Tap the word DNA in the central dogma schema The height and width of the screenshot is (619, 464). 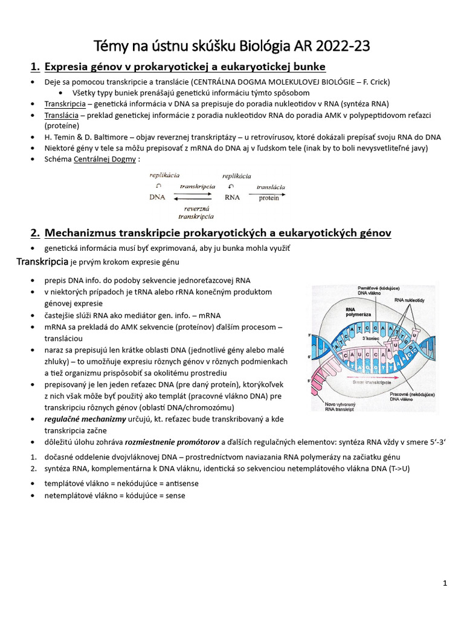(158, 197)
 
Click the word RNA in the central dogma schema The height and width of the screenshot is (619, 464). (233, 197)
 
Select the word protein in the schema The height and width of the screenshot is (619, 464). (269, 198)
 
